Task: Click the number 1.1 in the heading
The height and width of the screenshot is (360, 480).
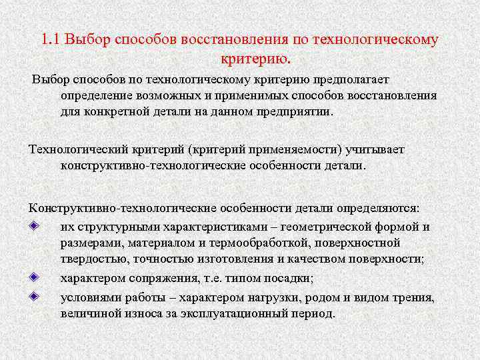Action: [x=51, y=39]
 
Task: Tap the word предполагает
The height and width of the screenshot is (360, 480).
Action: [x=361, y=81]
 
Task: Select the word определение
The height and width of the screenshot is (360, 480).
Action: [x=95, y=95]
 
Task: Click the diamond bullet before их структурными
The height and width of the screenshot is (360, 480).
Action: [x=35, y=226]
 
